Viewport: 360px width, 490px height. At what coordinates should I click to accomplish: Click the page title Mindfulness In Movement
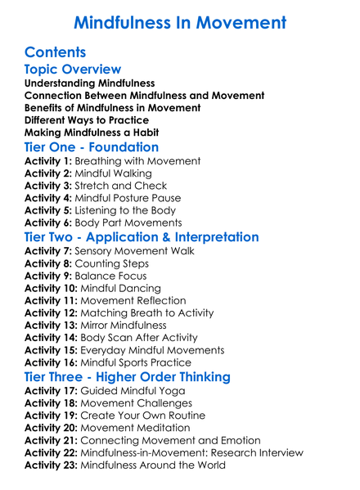click(x=180, y=21)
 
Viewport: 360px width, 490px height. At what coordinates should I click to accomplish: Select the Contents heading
click(x=56, y=53)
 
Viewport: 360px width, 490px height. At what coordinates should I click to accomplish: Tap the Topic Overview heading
click(x=74, y=70)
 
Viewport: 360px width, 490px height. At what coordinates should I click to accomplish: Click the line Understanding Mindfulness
click(x=90, y=83)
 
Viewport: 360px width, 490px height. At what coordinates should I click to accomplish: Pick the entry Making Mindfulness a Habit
click(x=92, y=133)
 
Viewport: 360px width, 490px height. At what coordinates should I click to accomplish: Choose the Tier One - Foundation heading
click(x=92, y=148)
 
